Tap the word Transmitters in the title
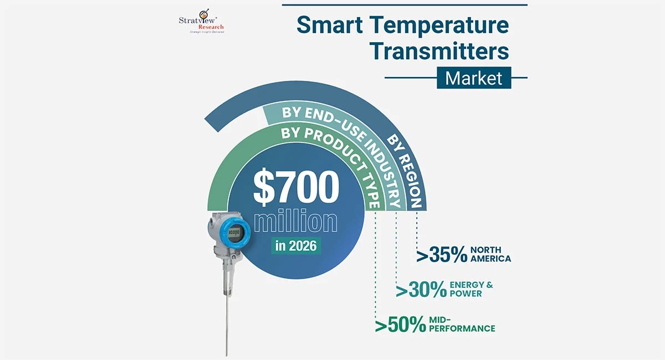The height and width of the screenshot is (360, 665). click(439, 51)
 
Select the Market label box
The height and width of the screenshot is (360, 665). click(473, 78)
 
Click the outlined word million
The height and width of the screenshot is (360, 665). click(295, 222)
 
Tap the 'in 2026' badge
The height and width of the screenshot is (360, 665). click(296, 245)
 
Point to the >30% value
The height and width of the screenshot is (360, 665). click(421, 290)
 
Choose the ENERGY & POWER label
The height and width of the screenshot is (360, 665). click(471, 289)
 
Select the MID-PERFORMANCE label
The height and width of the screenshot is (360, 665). click(463, 325)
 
